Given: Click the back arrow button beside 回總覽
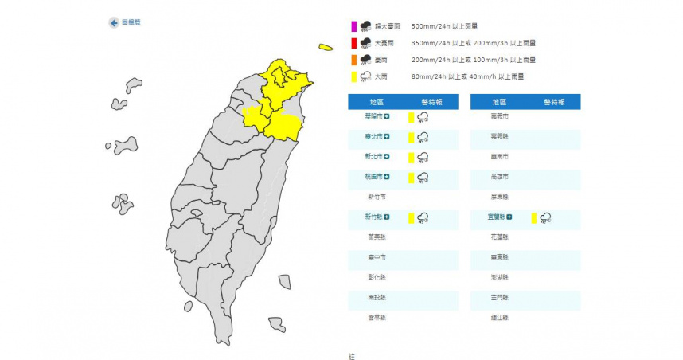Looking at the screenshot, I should pyautogui.click(x=113, y=23).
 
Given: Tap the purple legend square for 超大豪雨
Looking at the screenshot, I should pyautogui.click(x=353, y=26).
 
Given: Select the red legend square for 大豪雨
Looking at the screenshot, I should pyautogui.click(x=353, y=43).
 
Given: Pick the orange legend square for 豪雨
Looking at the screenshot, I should pyautogui.click(x=353, y=60).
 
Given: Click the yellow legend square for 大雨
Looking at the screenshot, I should pyautogui.click(x=353, y=76).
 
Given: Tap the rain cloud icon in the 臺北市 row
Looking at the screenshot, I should pyautogui.click(x=423, y=137).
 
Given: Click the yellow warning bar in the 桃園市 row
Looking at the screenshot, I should pyautogui.click(x=411, y=177).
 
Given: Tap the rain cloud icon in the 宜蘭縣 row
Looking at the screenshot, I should pyautogui.click(x=546, y=217).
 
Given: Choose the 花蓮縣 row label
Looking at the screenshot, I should pyautogui.click(x=499, y=237).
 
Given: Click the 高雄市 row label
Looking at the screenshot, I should pyautogui.click(x=499, y=177).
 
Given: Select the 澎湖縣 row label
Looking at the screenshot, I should pyautogui.click(x=499, y=276).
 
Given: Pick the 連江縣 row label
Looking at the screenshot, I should pyautogui.click(x=499, y=316).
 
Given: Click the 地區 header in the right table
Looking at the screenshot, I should pyautogui.click(x=498, y=101).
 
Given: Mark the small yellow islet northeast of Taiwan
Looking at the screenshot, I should pyautogui.click(x=325, y=47).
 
